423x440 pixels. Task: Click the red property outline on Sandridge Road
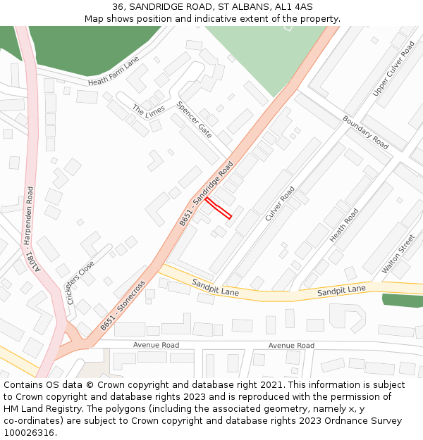219,208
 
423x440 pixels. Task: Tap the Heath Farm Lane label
114,72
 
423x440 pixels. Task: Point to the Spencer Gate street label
194,120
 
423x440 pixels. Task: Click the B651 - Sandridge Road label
206,194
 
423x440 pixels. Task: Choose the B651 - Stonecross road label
123,306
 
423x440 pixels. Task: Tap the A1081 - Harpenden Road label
33,230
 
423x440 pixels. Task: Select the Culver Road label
280,204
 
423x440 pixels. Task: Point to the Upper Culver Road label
394,68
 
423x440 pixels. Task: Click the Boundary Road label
365,132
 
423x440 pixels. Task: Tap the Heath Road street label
344,225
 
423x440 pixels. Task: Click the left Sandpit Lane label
215,287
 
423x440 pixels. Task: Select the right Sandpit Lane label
341,290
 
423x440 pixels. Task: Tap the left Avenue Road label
156,346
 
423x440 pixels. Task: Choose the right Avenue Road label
291,346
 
